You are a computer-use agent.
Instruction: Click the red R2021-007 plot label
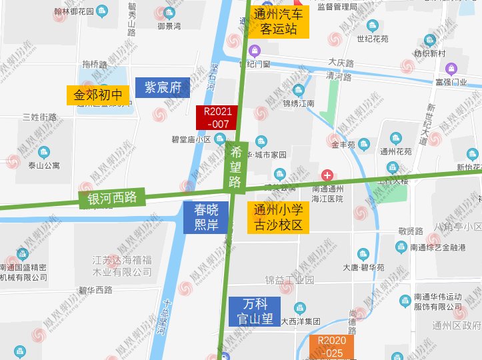point(218,118)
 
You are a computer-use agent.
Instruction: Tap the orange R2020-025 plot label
point(331,347)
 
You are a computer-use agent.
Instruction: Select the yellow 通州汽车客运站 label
point(279,22)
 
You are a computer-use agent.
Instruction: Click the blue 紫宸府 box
point(163,87)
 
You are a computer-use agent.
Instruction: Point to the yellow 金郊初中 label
point(98,95)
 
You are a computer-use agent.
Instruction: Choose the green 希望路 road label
point(235,165)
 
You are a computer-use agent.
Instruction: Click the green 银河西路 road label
point(112,198)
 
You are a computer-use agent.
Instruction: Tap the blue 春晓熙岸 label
point(206,217)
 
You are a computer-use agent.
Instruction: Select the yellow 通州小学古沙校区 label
point(278,217)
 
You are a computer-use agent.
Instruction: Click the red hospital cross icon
point(327,175)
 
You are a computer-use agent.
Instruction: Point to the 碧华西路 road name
point(95,290)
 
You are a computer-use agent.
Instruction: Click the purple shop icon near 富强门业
point(451,67)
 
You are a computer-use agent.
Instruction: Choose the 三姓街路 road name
point(39,117)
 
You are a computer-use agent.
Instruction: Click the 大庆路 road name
point(341,62)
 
